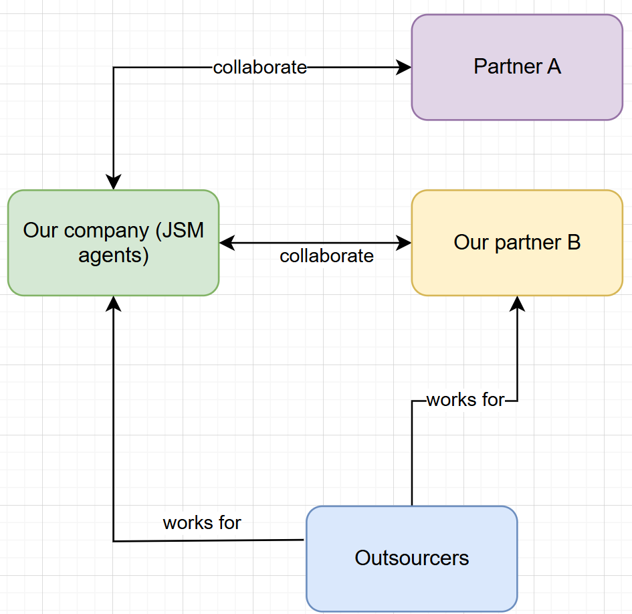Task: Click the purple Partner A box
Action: pos(517,67)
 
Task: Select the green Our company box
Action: pos(113,243)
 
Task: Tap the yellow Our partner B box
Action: pos(517,243)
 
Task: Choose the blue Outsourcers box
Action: pos(411,558)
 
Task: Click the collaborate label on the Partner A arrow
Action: pos(259,67)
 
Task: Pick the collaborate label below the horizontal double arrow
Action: pos(326,256)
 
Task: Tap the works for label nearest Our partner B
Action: pos(465,400)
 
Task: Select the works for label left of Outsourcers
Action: pos(202,522)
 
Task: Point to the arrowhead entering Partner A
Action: pos(404,67)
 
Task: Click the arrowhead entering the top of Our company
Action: pos(114,182)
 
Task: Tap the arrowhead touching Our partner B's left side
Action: pos(404,243)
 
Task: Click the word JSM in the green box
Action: pos(180,230)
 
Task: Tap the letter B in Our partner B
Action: pos(573,242)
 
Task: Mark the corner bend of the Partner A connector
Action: pos(114,68)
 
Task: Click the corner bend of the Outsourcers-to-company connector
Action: pos(114,540)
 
